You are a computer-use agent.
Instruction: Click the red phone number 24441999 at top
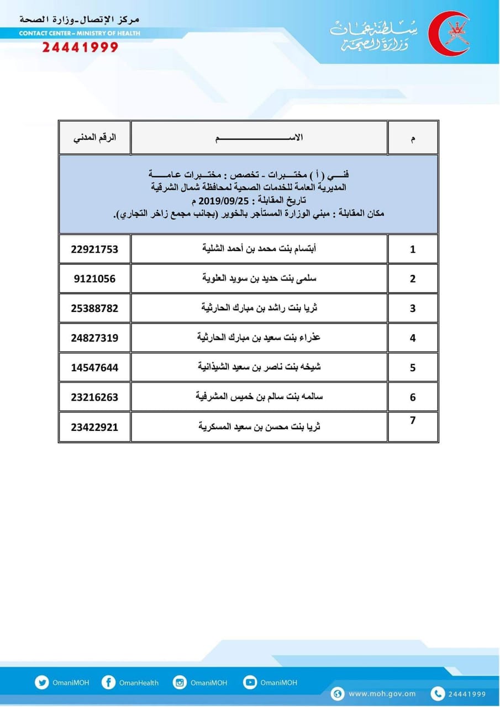point(80,47)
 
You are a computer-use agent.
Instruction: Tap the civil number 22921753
point(94,249)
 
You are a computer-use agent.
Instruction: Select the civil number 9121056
point(94,278)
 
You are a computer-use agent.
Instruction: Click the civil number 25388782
point(94,308)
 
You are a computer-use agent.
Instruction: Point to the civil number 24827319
point(94,337)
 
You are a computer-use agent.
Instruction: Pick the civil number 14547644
point(94,367)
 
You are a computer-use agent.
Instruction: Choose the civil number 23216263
point(94,397)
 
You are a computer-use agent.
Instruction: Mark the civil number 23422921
point(94,427)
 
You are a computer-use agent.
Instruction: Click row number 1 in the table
point(413,249)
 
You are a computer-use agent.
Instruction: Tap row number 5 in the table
point(413,367)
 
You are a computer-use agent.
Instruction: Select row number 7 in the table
point(413,420)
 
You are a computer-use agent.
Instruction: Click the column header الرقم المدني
point(94,138)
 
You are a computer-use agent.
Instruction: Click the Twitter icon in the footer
point(41,682)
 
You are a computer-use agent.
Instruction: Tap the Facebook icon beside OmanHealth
point(108,682)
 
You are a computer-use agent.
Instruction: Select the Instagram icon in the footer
point(180,682)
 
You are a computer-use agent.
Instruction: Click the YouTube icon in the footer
point(250,682)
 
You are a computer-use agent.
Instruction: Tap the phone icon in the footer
point(437,694)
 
